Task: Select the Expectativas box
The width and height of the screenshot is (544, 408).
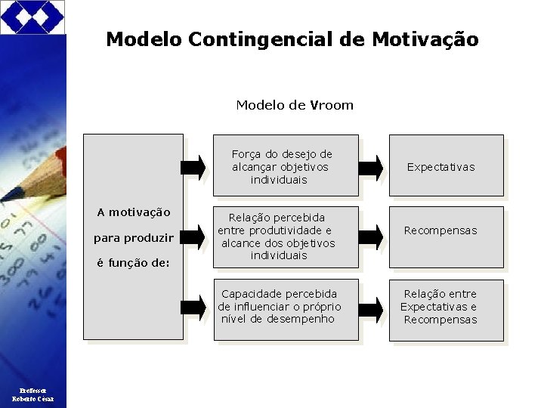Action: (446, 165)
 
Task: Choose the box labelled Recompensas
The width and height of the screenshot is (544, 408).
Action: (446, 236)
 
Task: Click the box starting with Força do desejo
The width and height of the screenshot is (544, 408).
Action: (283, 165)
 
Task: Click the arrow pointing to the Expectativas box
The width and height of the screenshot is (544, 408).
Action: (370, 167)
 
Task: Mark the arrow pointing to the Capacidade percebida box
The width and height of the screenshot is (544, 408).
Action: (193, 307)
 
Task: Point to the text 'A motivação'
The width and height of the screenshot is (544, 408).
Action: (134, 212)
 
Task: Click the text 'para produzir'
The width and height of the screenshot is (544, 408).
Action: (134, 238)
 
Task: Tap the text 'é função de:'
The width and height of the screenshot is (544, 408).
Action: (134, 264)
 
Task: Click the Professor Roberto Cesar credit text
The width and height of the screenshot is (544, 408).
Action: (32, 393)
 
